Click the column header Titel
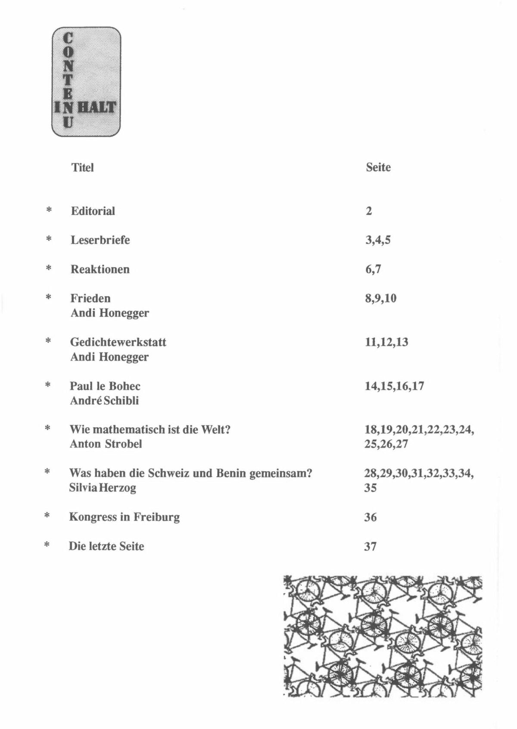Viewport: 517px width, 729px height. [82, 167]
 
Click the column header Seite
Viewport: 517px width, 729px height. [378, 167]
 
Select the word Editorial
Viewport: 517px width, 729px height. [93, 211]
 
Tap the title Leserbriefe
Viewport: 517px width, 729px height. [100, 240]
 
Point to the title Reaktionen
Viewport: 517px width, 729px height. [100, 269]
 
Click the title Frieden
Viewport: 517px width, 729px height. [90, 298]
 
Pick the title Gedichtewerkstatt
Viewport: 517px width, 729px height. [118, 342]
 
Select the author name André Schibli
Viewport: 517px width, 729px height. [104, 400]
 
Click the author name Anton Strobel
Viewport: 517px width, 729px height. [106, 444]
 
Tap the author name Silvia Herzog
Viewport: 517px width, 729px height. [103, 488]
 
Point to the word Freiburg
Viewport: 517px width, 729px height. [156, 517]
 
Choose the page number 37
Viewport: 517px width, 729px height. [371, 547]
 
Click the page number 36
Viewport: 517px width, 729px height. [371, 517]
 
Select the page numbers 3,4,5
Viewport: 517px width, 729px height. [378, 241]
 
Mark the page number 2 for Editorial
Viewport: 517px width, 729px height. [369, 211]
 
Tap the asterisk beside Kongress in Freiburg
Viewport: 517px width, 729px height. [47, 516]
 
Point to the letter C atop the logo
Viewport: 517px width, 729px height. [68, 38]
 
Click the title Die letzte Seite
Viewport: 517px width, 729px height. [106, 546]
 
